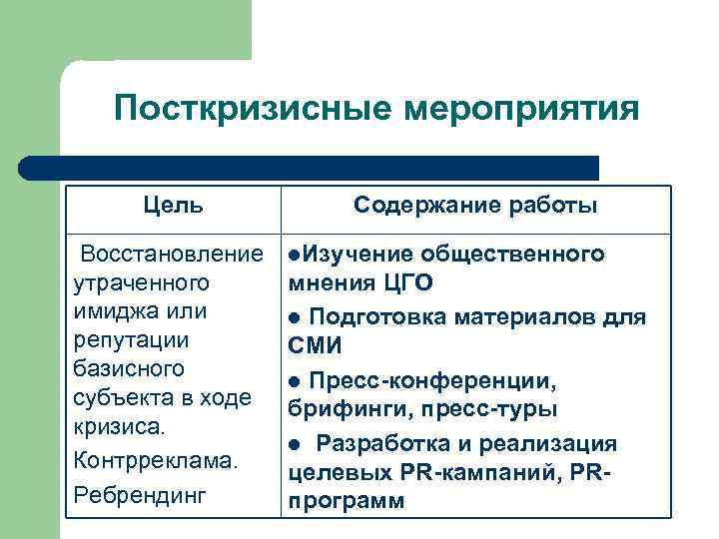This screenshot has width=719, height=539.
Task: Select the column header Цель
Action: (x=172, y=206)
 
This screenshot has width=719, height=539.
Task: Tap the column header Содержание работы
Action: (x=476, y=206)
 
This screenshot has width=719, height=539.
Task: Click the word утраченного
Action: (x=141, y=282)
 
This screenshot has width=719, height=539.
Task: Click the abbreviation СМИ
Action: (x=315, y=346)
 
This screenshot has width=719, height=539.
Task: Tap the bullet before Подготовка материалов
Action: (x=294, y=318)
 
